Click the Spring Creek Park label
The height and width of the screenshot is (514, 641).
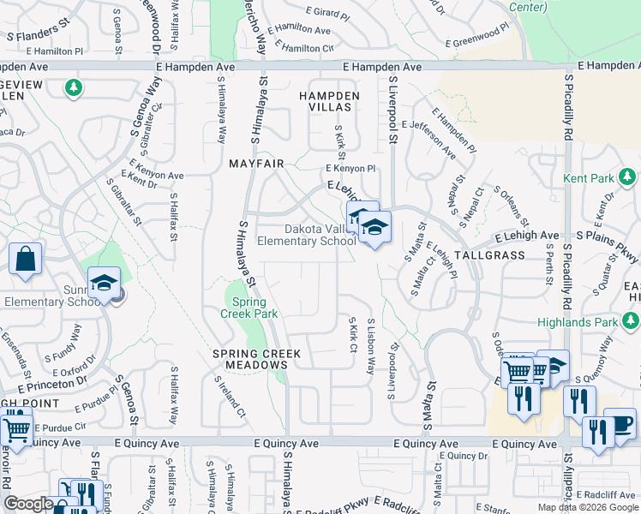tap(250, 308)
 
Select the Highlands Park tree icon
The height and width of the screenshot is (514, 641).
tap(632, 321)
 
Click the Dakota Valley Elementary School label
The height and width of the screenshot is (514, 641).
tap(320, 235)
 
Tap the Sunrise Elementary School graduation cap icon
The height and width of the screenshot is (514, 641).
tap(104, 284)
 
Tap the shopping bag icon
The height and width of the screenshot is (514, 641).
tap(25, 260)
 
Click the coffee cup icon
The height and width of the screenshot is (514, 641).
tap(620, 424)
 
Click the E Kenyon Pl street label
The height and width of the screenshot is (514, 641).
tap(350, 169)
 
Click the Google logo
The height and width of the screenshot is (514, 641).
tap(28, 504)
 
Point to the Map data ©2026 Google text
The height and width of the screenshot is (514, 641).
tap(588, 507)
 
